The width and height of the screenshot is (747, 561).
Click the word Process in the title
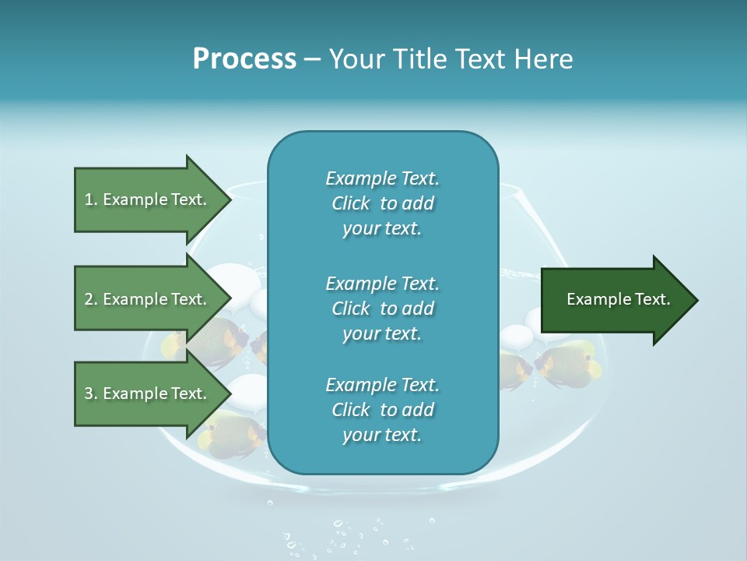tap(244, 59)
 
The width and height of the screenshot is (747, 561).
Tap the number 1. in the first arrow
tap(91, 199)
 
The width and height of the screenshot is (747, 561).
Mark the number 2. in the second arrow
tap(91, 299)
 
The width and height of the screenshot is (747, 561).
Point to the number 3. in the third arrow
tap(91, 393)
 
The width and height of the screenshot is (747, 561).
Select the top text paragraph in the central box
tap(382, 203)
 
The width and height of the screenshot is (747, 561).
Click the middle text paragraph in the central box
tap(382, 309)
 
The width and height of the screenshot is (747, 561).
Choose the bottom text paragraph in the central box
tap(382, 410)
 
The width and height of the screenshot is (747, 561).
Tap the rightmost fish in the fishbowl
tap(570, 362)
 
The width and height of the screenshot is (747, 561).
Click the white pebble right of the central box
tap(516, 337)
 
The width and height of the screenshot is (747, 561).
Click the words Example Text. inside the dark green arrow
tap(619, 299)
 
